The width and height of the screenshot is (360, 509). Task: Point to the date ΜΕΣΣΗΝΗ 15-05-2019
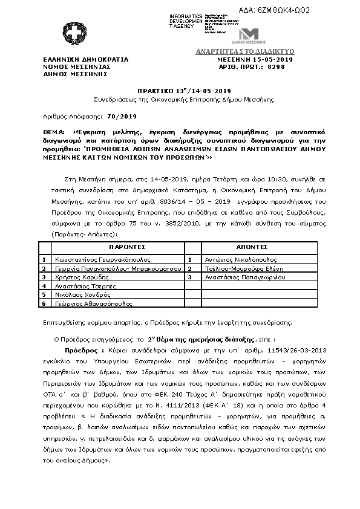click(x=255, y=60)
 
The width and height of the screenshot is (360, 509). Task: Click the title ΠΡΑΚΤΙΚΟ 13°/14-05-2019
click(x=180, y=90)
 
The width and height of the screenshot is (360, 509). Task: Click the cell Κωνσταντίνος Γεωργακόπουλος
click(x=91, y=258)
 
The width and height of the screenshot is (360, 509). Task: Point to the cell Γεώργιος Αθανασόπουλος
click(x=87, y=303)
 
